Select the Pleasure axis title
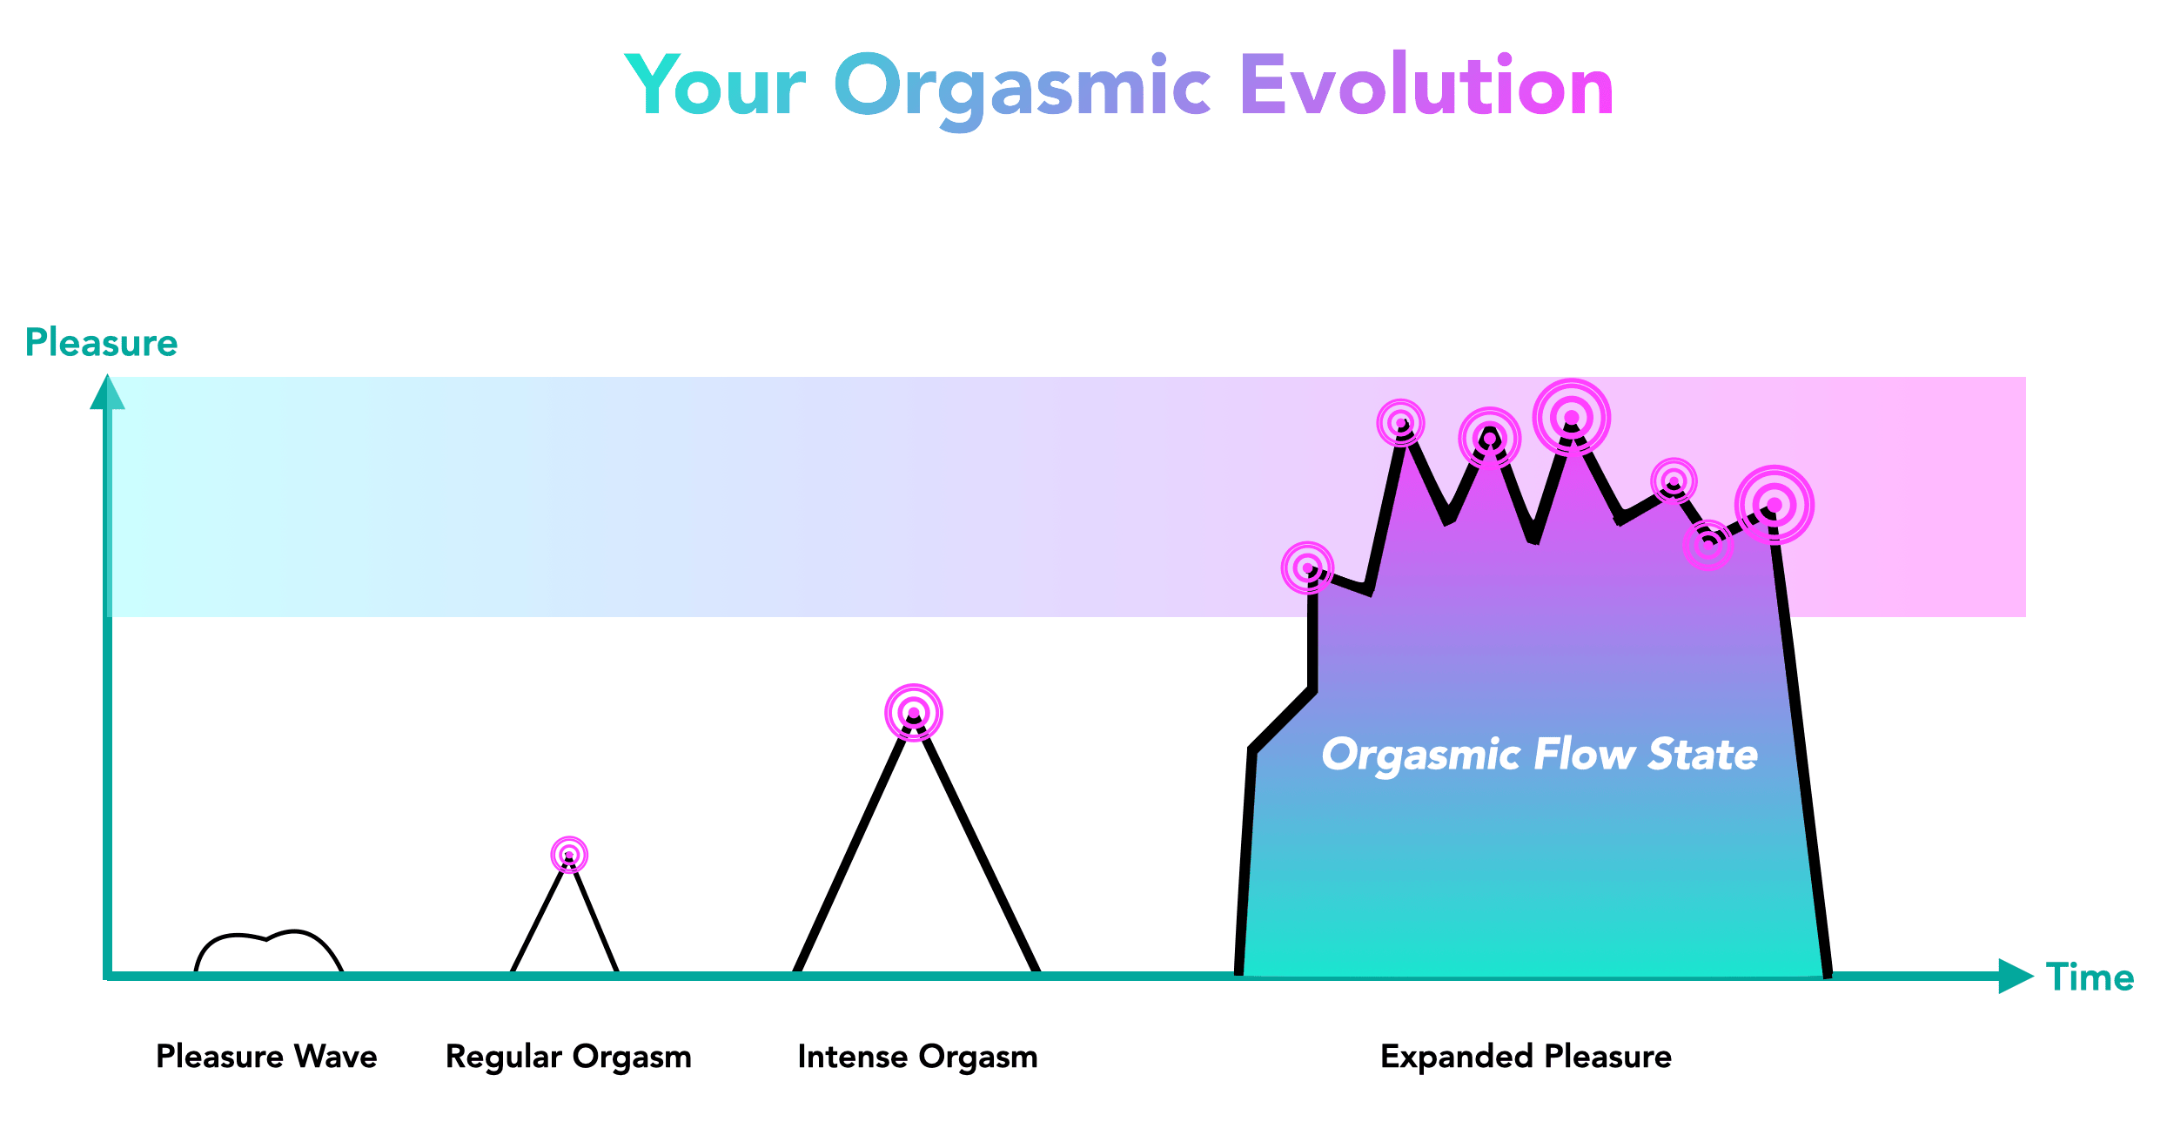coord(101,343)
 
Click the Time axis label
coord(2090,977)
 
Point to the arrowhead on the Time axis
coord(2016,976)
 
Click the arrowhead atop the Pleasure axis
coord(107,392)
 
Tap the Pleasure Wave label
coord(266,1056)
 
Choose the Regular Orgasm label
coord(568,1058)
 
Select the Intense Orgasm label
coord(917,1058)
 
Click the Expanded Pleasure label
coord(1526,1057)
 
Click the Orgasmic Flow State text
coord(1540,755)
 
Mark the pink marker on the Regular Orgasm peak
coord(569,855)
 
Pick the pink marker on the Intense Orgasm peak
coord(914,713)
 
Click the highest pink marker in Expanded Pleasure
coord(1572,418)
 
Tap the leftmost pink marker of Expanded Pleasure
coord(1307,568)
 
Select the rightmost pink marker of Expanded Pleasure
coord(1775,505)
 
